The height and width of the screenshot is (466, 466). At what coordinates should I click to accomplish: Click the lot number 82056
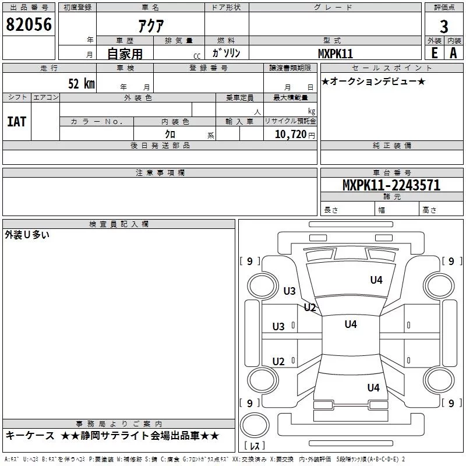point(29,25)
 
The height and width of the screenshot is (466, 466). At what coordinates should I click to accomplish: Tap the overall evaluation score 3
point(444,26)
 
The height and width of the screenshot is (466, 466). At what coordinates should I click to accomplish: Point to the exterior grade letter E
point(434,52)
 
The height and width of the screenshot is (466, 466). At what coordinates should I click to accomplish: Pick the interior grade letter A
point(453,52)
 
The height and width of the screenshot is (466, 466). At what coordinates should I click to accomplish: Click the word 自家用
point(125,54)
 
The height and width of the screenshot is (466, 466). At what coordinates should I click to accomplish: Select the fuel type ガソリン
point(226,53)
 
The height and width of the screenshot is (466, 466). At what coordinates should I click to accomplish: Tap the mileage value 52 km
point(81,83)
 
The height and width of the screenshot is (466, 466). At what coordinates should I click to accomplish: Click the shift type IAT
point(16,122)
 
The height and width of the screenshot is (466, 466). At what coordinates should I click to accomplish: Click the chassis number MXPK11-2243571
point(391,185)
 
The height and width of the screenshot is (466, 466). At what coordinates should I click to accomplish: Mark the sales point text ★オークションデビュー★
point(373,82)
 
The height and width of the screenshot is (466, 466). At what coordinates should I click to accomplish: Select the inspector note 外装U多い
point(27,235)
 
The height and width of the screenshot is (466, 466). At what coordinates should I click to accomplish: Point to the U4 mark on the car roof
point(350,324)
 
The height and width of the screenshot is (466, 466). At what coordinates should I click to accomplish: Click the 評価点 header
point(444,8)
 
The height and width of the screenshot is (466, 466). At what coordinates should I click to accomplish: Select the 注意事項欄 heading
point(160,173)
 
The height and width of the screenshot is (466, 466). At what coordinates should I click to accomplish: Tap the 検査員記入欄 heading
point(119,224)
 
